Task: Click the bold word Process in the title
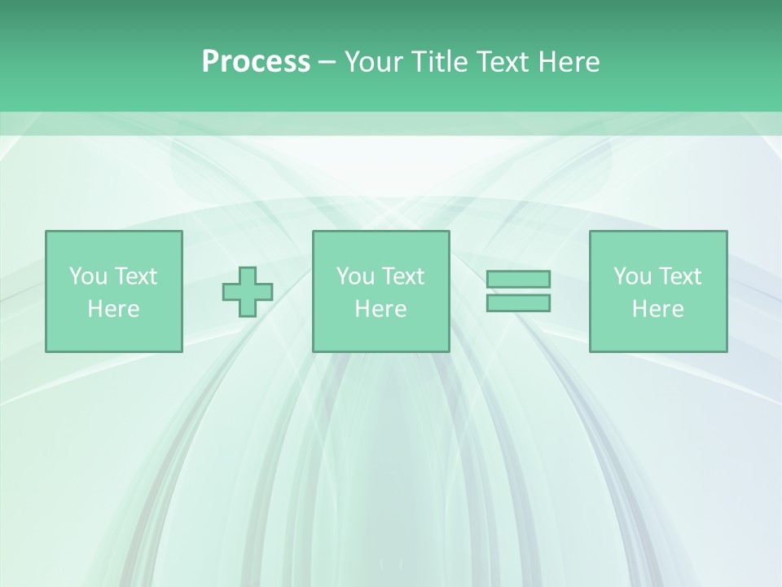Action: pos(256,62)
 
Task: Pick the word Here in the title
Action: pos(569,62)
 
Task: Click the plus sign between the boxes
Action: pos(248,292)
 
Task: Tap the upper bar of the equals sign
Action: pos(518,279)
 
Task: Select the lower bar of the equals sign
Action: pos(518,302)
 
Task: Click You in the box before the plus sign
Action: pos(88,276)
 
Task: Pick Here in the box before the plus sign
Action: pos(113,309)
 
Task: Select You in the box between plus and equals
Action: pos(355,276)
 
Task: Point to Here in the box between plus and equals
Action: pos(380,309)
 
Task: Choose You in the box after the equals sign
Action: pos(632,276)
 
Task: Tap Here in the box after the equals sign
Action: pos(657,309)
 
